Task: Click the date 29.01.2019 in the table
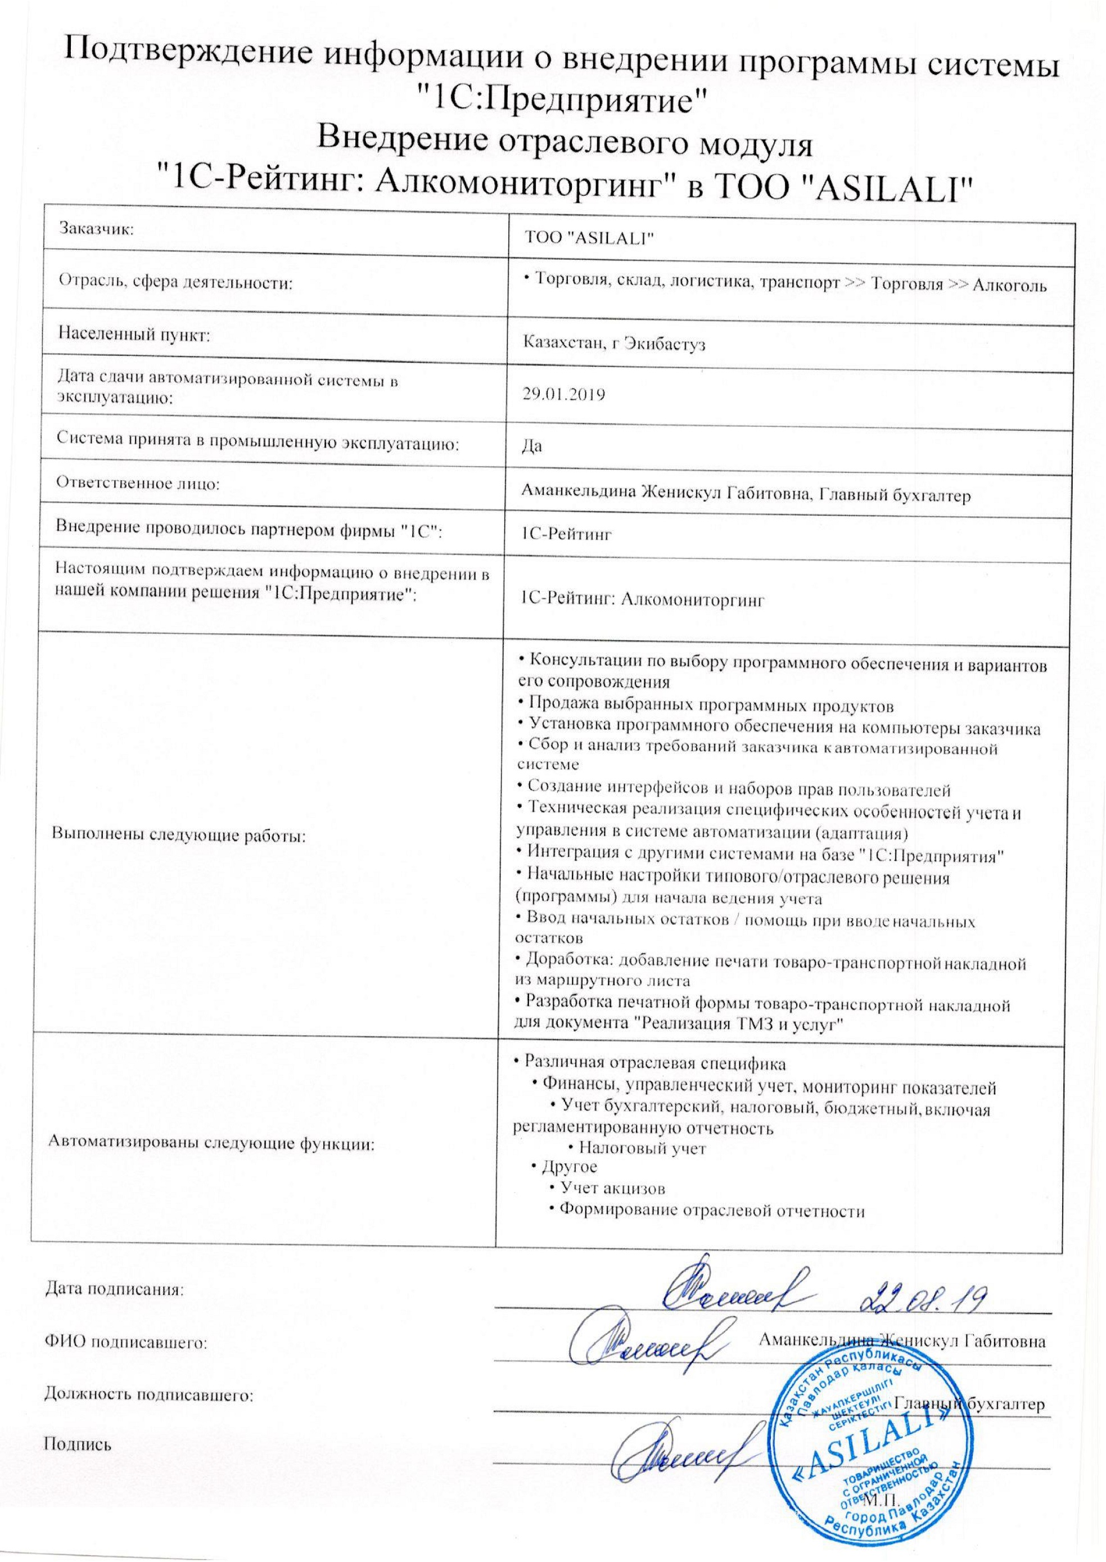coord(562,395)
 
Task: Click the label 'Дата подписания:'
coord(114,1307)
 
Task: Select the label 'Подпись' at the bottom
coord(77,1461)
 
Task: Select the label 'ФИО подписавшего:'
coord(125,1361)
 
